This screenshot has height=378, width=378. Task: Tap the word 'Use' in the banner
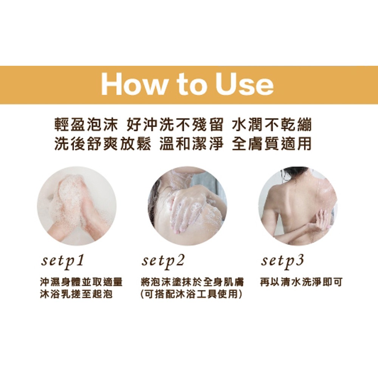[245, 85]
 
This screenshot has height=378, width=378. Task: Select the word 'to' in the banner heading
[192, 85]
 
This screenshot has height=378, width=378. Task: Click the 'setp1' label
[62, 262]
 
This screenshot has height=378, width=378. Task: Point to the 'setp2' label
[163, 262]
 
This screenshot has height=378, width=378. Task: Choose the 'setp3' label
[282, 262]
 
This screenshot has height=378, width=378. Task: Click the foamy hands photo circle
[77, 206]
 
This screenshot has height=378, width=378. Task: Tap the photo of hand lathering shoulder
[187, 206]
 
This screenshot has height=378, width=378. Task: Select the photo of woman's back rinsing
[298, 206]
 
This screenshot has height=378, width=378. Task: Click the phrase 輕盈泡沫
[86, 124]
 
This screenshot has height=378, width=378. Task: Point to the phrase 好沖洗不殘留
[175, 124]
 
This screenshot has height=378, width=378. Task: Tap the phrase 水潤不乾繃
[272, 124]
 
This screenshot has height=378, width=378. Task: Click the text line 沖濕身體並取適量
[82, 282]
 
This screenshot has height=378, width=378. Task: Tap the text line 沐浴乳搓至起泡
[76, 294]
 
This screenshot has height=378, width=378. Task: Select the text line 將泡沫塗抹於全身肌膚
[192, 282]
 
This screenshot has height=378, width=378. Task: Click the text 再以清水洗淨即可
[301, 282]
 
